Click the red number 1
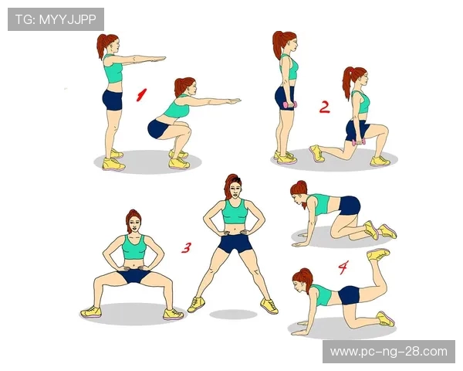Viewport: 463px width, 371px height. (x=141, y=94)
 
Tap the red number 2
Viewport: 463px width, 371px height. (x=325, y=107)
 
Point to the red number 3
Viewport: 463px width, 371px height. (x=186, y=247)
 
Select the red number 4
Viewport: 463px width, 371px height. (x=343, y=267)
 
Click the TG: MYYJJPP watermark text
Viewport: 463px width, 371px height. (x=56, y=19)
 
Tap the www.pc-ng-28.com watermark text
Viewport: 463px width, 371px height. (x=389, y=352)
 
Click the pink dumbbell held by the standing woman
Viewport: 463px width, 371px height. (x=290, y=105)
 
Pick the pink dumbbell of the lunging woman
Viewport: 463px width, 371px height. (x=359, y=142)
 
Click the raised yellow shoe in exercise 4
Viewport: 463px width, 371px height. (x=378, y=254)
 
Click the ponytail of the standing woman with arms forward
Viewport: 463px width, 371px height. (x=102, y=45)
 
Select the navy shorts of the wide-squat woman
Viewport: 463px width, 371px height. (x=133, y=276)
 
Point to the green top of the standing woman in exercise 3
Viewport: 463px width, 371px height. (x=235, y=212)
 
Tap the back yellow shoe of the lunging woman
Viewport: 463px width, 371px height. (x=317, y=153)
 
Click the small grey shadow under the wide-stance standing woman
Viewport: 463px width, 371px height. (x=233, y=315)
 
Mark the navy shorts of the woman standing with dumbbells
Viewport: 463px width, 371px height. (x=285, y=98)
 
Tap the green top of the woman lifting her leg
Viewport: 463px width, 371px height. (x=321, y=295)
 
